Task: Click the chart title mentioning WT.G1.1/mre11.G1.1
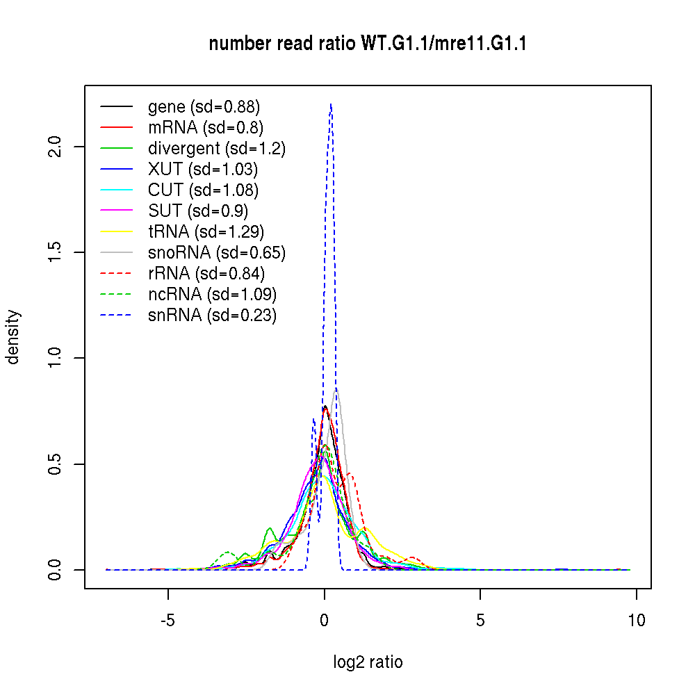tap(368, 44)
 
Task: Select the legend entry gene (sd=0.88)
tap(204, 107)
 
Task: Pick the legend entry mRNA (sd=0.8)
tap(206, 128)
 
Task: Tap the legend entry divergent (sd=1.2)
tap(217, 149)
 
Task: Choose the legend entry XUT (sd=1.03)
tap(203, 170)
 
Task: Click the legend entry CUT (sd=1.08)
tap(203, 190)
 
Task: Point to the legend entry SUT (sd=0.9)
tap(198, 211)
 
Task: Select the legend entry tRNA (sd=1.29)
tap(206, 232)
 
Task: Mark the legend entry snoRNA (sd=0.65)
tap(217, 253)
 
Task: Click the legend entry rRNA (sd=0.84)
tap(206, 274)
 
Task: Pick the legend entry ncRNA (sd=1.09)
tap(212, 295)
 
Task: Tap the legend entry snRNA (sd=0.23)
tap(212, 316)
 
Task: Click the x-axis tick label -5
tap(167, 621)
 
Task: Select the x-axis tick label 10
tap(636, 621)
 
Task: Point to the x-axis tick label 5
tap(480, 621)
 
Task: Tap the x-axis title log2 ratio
tap(368, 662)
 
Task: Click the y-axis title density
tap(14, 337)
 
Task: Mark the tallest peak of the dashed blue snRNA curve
tap(331, 104)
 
